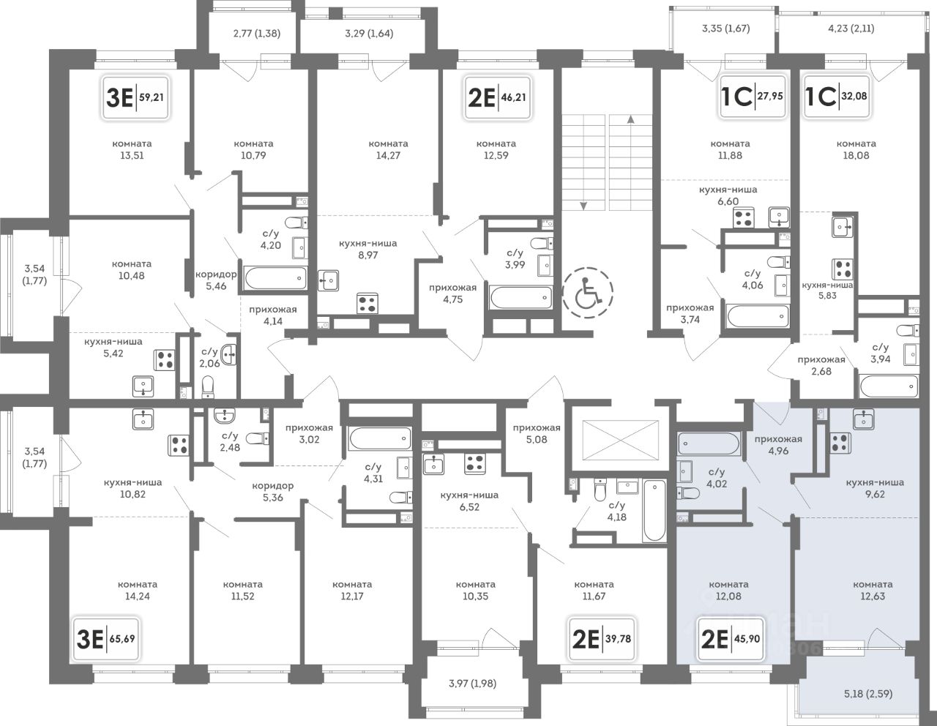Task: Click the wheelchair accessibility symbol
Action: point(588,293)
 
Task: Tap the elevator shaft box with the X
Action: point(621,441)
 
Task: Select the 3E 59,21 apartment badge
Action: point(135,97)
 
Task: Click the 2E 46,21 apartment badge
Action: point(498,97)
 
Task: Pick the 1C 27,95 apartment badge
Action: point(753,96)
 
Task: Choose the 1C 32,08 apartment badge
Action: point(836,96)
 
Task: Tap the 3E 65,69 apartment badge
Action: point(105,638)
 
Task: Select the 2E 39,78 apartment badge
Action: point(602,638)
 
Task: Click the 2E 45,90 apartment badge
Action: point(731,638)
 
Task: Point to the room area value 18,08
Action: point(856,155)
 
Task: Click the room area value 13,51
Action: point(132,155)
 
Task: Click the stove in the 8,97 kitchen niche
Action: point(367,303)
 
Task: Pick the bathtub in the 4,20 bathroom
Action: point(275,279)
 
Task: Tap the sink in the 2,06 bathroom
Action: point(228,355)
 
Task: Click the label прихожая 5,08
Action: point(537,434)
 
